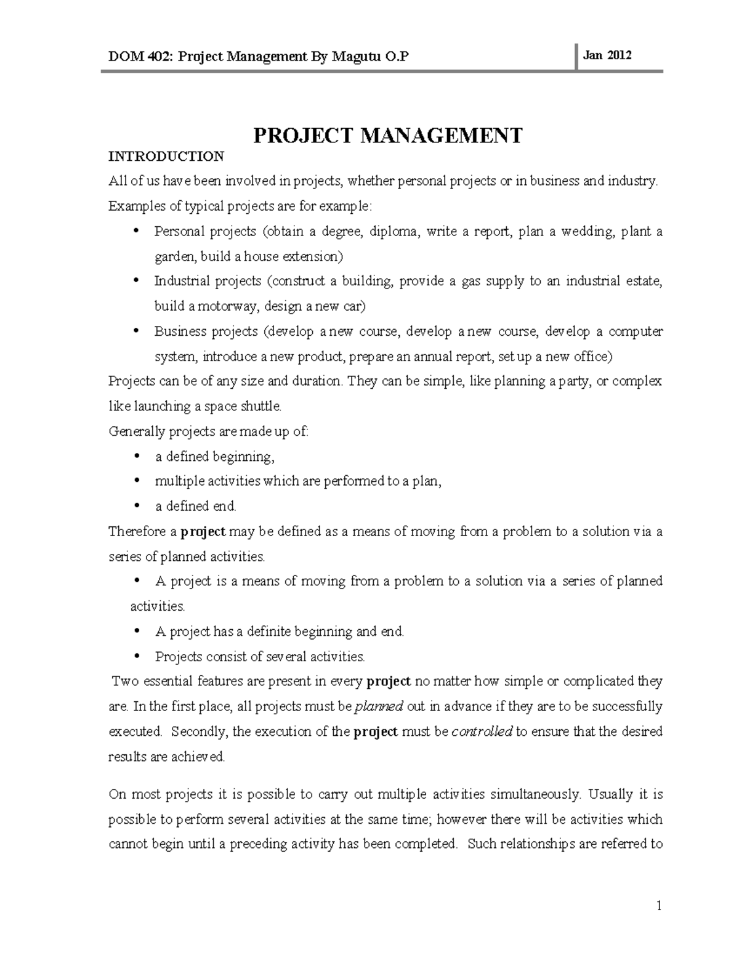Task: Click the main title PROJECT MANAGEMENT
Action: pos(388,135)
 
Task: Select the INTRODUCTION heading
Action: pos(166,157)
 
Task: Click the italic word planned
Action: pos(379,706)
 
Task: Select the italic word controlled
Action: pos(482,731)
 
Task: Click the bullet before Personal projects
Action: pos(136,230)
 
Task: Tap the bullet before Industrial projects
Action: pos(136,280)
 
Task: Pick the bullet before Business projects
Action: pos(136,330)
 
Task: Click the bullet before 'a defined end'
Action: pos(136,505)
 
